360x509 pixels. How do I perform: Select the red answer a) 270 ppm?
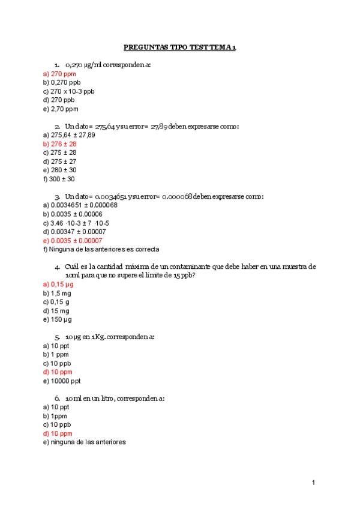59,73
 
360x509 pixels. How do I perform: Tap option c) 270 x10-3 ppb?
69,91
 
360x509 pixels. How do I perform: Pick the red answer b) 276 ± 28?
59,144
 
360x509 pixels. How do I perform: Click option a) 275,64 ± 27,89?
69,135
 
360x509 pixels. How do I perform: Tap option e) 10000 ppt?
62,381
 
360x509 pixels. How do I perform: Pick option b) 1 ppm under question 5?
56,354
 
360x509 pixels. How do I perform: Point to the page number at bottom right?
313,482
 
